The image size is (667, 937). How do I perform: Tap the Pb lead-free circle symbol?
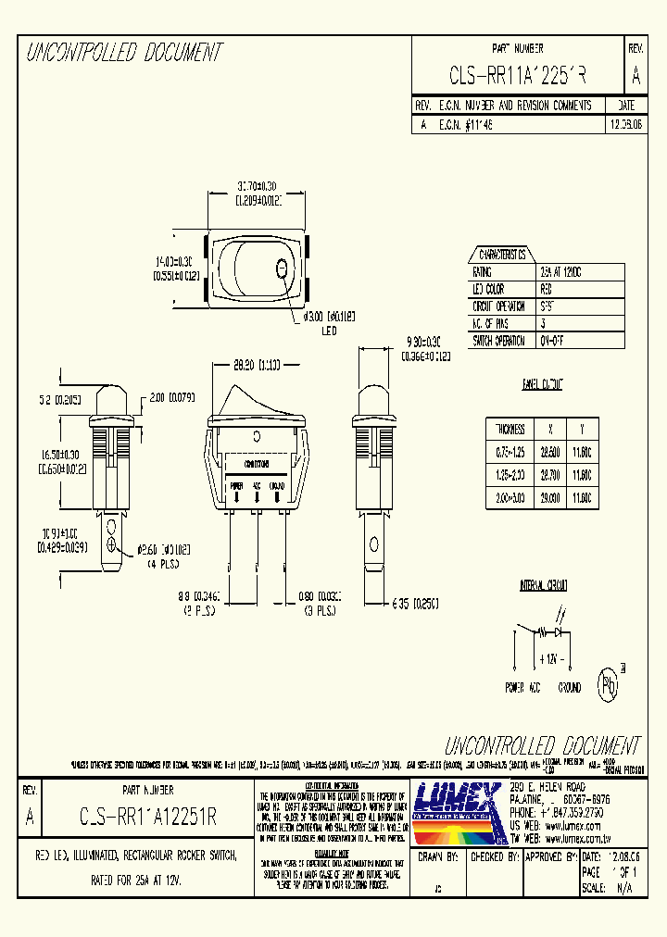(608, 685)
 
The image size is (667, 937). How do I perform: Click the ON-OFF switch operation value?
(553, 340)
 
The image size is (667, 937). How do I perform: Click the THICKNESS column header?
(510, 430)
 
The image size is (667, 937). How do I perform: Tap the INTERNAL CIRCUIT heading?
(543, 586)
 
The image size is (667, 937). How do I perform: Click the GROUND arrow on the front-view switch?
(277, 497)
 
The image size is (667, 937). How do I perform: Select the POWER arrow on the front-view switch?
(236, 497)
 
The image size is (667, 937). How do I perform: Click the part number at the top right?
(517, 74)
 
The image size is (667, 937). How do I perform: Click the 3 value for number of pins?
(543, 323)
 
